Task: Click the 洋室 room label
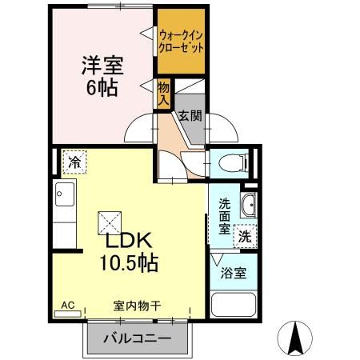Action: coord(101,64)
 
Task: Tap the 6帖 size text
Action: coord(101,86)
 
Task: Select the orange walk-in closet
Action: coord(181,40)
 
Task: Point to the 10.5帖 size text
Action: coord(127,262)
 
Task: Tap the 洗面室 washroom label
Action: coord(224,214)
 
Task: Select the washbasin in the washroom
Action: coord(248,206)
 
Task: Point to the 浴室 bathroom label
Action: coord(235,273)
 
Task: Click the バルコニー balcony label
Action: coord(137,338)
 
